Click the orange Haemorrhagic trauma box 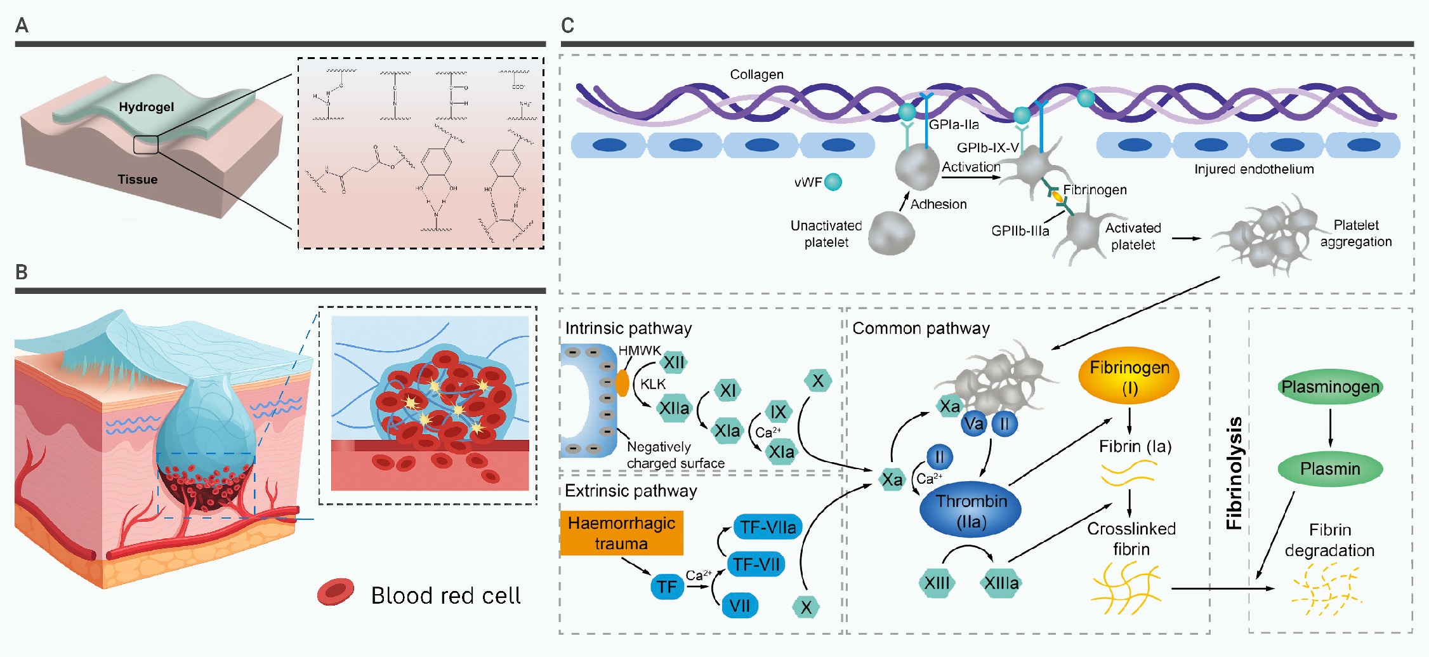(621, 533)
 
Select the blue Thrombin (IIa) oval (970, 511)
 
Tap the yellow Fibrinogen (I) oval (1129, 376)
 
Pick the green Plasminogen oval (1330, 387)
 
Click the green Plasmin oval (1330, 469)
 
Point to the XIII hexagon (937, 583)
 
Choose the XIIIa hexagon (1001, 583)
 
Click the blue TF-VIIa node (768, 527)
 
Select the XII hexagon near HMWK (673, 362)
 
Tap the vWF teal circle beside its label (833, 182)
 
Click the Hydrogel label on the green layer (147, 107)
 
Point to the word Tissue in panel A (138, 180)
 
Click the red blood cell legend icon (336, 592)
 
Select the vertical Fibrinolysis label (1234, 473)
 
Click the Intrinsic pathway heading (628, 328)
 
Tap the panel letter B (22, 272)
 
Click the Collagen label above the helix (756, 74)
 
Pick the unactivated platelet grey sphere (891, 233)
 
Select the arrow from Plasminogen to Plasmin (1330, 428)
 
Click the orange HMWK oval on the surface (622, 383)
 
